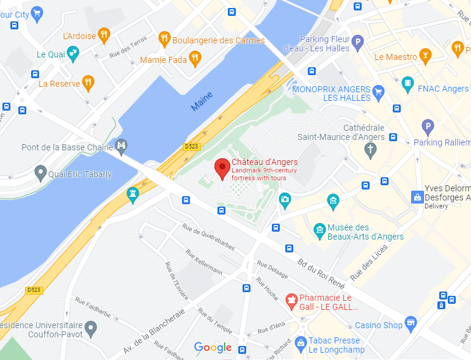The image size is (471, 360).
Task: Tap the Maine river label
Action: click(x=202, y=101)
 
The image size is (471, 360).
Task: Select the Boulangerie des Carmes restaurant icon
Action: click(x=164, y=40)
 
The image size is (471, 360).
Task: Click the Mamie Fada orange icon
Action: click(x=195, y=59)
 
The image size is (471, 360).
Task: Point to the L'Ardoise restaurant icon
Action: click(x=104, y=35)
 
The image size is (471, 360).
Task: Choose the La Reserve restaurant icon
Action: click(x=89, y=83)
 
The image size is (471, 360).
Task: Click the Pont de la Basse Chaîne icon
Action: click(x=122, y=146)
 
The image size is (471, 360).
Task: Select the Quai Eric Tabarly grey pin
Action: click(x=41, y=174)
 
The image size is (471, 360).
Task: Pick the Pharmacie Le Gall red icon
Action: click(x=292, y=301)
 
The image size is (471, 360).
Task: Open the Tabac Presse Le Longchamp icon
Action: click(x=300, y=343)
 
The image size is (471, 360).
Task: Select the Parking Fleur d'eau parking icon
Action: click(x=357, y=42)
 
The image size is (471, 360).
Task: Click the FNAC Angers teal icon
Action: click(x=407, y=84)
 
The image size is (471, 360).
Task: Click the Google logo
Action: click(x=213, y=348)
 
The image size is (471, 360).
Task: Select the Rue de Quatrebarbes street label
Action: click(x=208, y=236)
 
